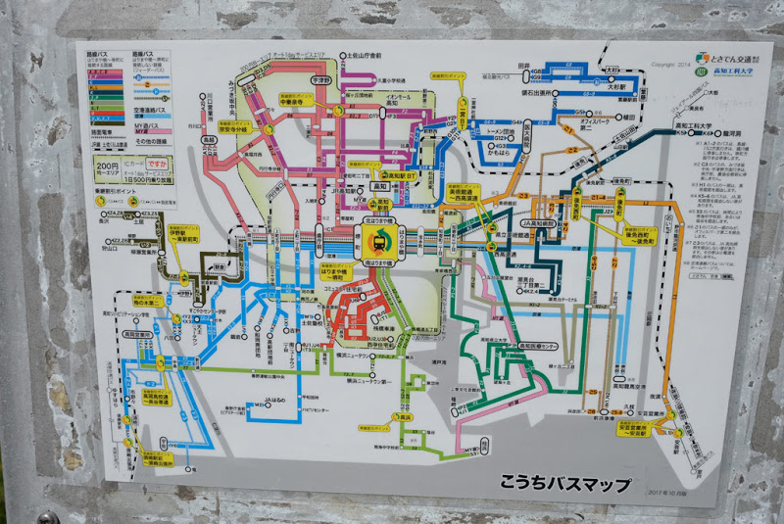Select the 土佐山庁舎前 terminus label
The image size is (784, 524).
click(x=363, y=56)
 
